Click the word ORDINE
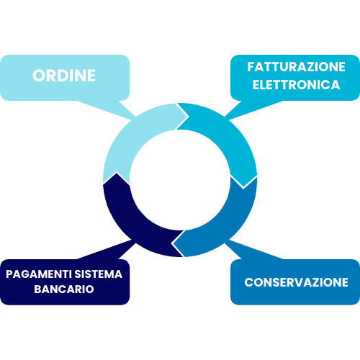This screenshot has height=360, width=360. point(64,76)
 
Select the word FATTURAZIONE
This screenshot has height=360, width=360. point(296,67)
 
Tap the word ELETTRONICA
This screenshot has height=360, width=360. point(296,85)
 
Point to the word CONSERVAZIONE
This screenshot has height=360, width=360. point(296,282)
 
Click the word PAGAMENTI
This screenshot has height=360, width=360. point(39,274)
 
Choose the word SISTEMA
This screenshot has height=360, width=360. point(99,274)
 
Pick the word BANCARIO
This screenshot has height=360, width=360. point(64,289)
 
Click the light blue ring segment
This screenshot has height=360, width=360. point(125,135)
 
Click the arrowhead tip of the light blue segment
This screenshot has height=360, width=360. point(189,117)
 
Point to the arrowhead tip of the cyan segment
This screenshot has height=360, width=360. point(243,189)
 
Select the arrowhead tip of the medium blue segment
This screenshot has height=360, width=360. point(171,243)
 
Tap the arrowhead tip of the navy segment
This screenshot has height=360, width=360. point(117,172)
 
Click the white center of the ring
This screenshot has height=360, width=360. point(180,180)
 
